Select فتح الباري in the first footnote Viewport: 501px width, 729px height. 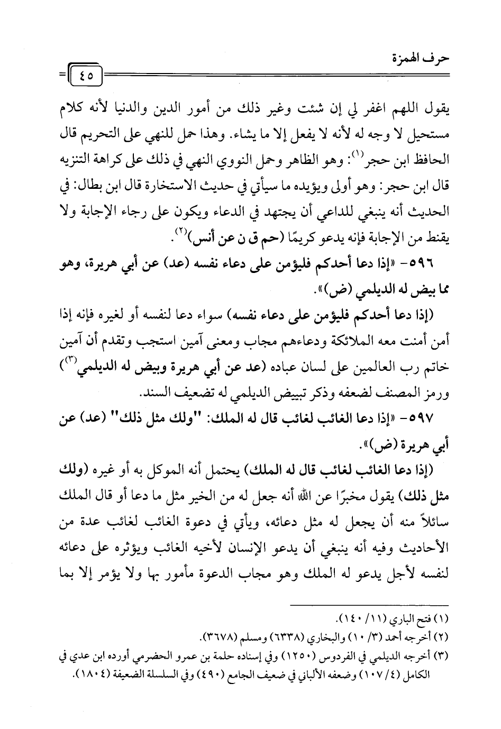[405, 618]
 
